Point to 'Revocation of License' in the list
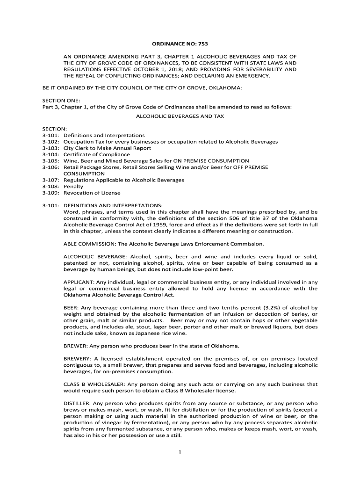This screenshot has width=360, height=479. [x=92, y=193]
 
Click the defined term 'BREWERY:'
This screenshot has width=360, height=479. [x=76, y=359]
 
